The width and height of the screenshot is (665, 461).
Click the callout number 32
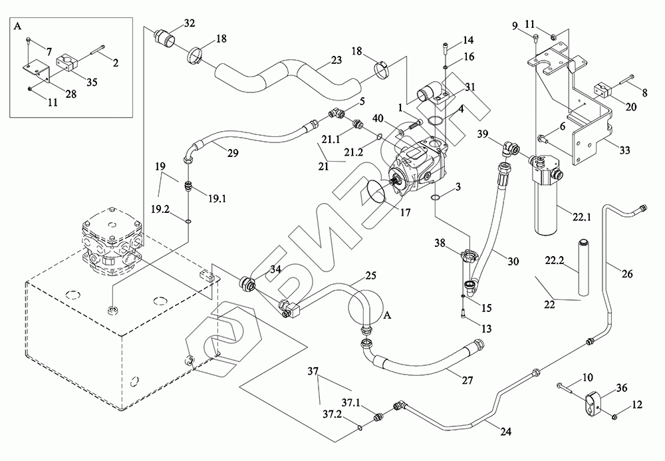click(x=189, y=23)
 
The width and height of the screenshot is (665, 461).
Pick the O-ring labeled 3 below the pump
click(x=435, y=198)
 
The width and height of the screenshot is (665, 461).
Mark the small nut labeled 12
click(x=615, y=416)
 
